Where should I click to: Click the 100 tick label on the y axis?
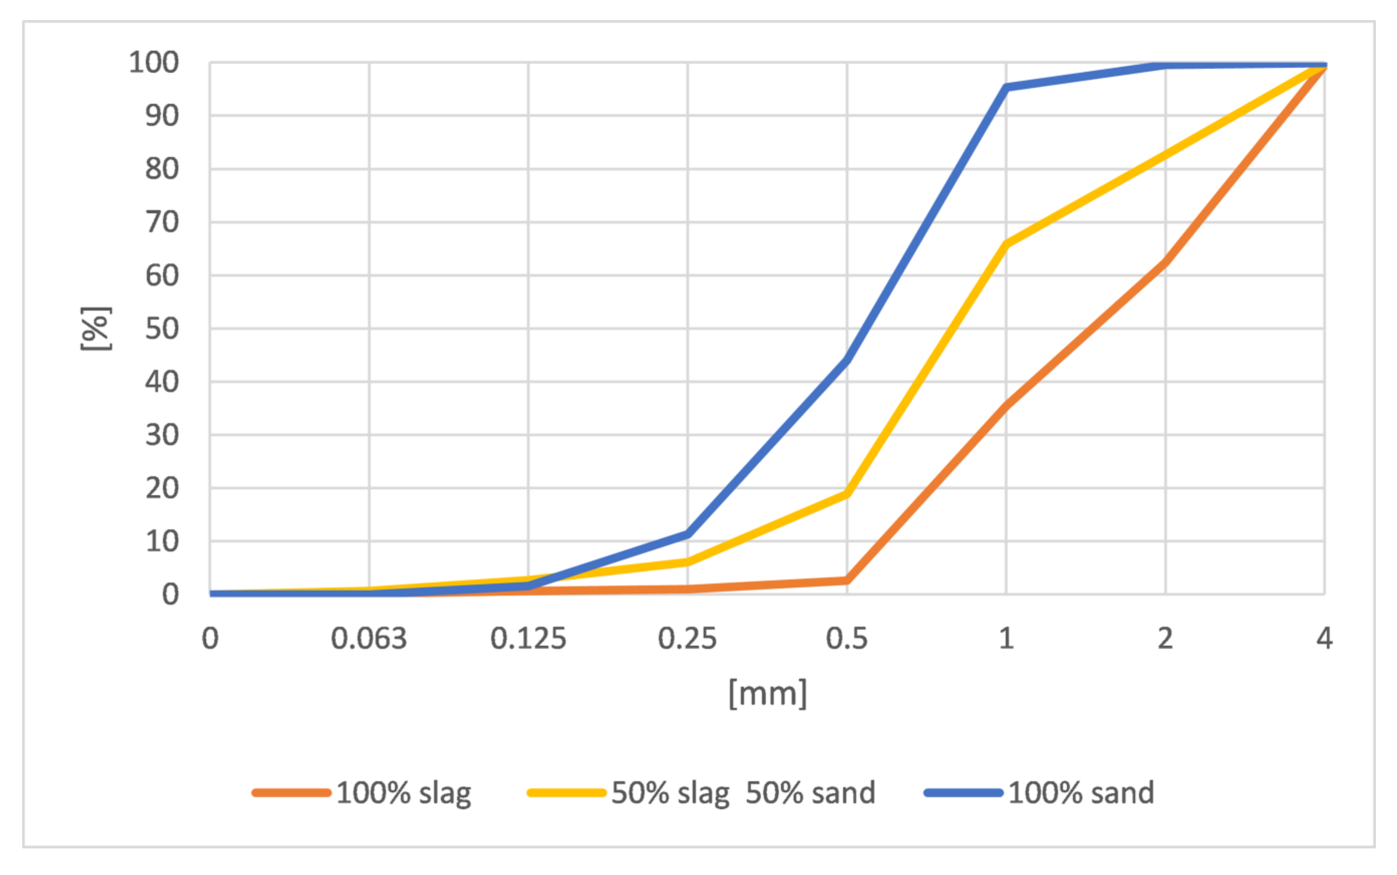pos(154,63)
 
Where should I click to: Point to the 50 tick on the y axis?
pos(162,329)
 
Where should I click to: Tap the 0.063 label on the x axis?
pos(369,639)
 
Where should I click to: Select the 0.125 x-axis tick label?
pos(528,639)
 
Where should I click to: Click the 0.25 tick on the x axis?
pos(687,639)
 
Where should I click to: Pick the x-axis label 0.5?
pos(847,639)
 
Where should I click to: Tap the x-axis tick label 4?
pos(1324,639)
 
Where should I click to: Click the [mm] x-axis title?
pos(767,693)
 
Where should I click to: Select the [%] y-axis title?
pos(95,329)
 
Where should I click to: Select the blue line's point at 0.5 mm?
pos(847,359)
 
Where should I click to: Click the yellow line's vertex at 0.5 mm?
pos(847,494)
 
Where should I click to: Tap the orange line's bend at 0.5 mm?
pos(847,580)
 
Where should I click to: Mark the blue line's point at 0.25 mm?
pos(687,533)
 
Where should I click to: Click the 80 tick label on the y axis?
pos(162,169)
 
